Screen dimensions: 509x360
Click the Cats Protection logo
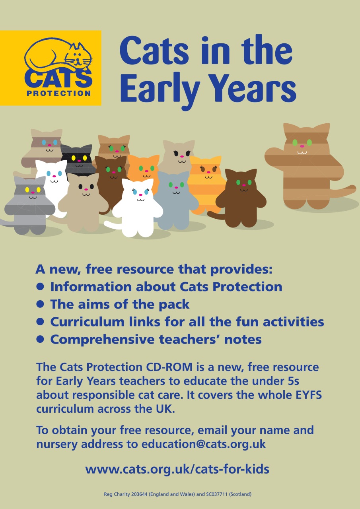51,68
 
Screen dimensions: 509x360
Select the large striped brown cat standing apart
308,167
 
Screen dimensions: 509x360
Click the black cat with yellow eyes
77,159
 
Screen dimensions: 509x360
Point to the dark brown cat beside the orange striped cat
241,195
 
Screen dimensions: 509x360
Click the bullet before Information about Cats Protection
40,286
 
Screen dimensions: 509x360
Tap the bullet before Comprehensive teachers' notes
40,339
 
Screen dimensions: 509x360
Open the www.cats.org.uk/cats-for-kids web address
177,469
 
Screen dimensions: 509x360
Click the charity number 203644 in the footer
133,495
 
